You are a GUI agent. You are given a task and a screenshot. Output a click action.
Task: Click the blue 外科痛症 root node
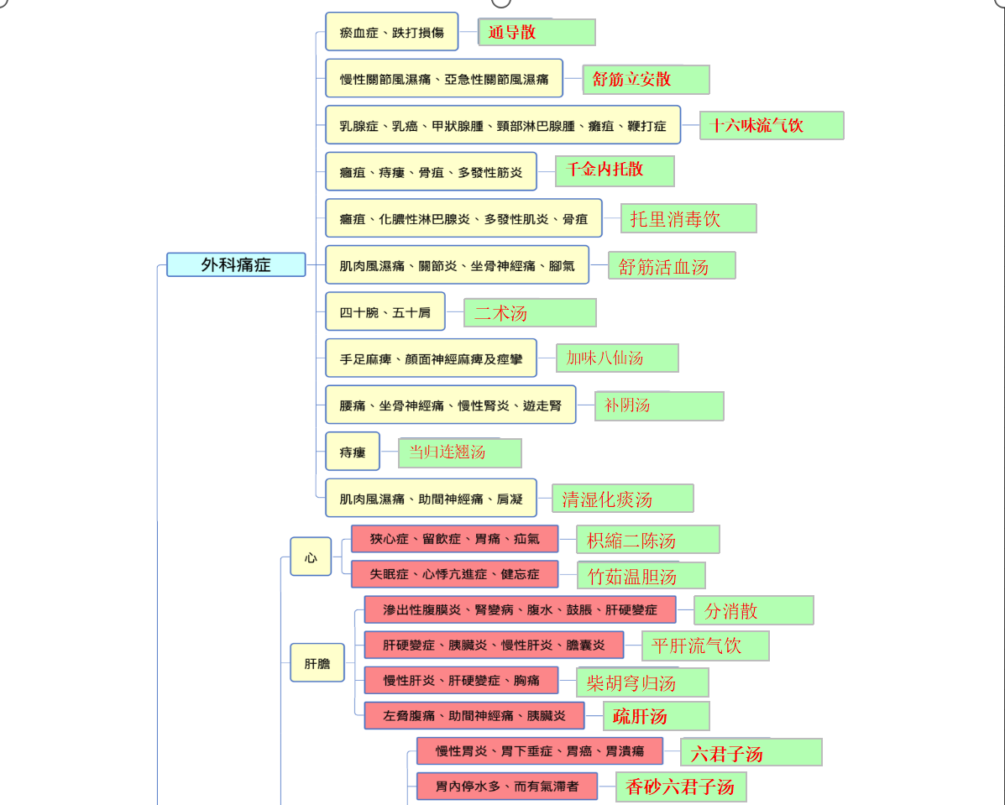236,264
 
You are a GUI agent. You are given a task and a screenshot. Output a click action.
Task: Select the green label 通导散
537,32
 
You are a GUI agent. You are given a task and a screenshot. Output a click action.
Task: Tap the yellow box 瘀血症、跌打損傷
391,31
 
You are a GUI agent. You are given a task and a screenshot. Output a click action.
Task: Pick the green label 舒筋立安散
646,80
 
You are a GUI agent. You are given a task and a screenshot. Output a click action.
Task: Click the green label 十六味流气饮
772,125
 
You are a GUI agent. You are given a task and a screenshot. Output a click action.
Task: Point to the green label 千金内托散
615,170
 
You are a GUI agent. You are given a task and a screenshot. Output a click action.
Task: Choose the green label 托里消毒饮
688,218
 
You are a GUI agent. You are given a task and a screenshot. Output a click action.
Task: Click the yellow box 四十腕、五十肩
385,312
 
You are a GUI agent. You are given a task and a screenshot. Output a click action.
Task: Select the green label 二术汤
530,313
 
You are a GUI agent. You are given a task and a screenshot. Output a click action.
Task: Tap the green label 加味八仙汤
617,358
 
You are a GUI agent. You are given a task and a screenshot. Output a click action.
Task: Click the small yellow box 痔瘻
353,452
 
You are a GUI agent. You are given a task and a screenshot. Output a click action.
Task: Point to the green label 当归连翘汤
460,452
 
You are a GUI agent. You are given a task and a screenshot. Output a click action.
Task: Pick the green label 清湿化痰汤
622,499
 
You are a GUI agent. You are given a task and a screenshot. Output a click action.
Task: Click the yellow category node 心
311,557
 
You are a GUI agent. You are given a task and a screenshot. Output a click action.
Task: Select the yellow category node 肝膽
317,662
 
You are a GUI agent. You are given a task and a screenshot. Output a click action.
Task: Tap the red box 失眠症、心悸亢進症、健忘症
454,574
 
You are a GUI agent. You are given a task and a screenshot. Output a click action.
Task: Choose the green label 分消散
754,610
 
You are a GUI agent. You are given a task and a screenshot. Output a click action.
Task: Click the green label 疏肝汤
657,716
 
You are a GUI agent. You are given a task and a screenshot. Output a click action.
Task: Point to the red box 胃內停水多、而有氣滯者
507,787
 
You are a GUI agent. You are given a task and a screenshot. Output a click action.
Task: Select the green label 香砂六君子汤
681,787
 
